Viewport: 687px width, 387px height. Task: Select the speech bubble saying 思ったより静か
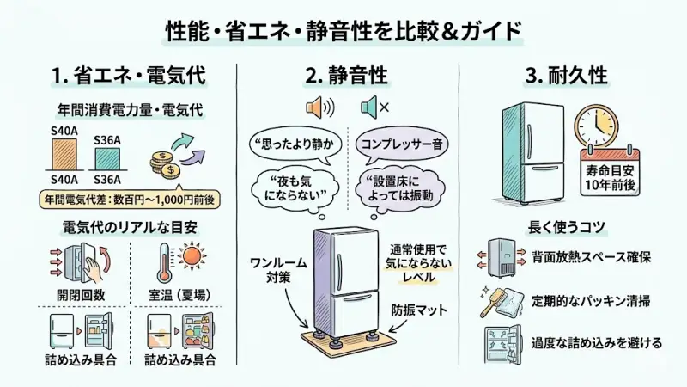289,144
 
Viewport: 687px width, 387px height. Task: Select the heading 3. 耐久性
566,75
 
